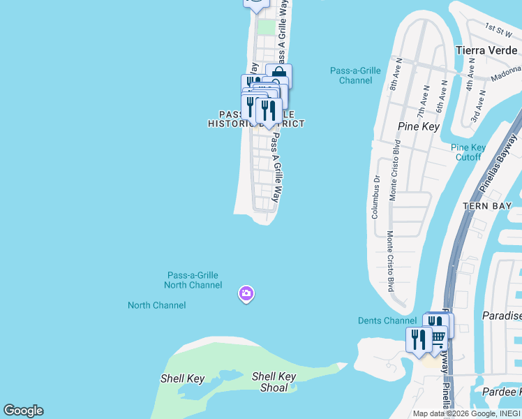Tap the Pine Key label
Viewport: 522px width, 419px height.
tap(417, 126)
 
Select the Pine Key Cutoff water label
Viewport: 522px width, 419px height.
tap(468, 152)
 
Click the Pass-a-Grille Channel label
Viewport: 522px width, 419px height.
tap(356, 75)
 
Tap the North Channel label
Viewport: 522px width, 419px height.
tap(157, 305)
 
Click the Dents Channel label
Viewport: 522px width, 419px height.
tap(387, 321)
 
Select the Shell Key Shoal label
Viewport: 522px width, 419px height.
tap(274, 381)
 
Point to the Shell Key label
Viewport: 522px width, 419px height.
tap(182, 378)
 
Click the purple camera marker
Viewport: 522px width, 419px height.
tap(246, 294)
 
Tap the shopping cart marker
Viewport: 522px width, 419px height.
tap(437, 339)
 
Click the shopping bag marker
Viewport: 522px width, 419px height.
tap(279, 75)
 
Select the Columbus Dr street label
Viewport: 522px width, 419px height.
tap(375, 196)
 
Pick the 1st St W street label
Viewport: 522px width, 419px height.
tap(500, 29)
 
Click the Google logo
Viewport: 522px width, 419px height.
tap(23, 411)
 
